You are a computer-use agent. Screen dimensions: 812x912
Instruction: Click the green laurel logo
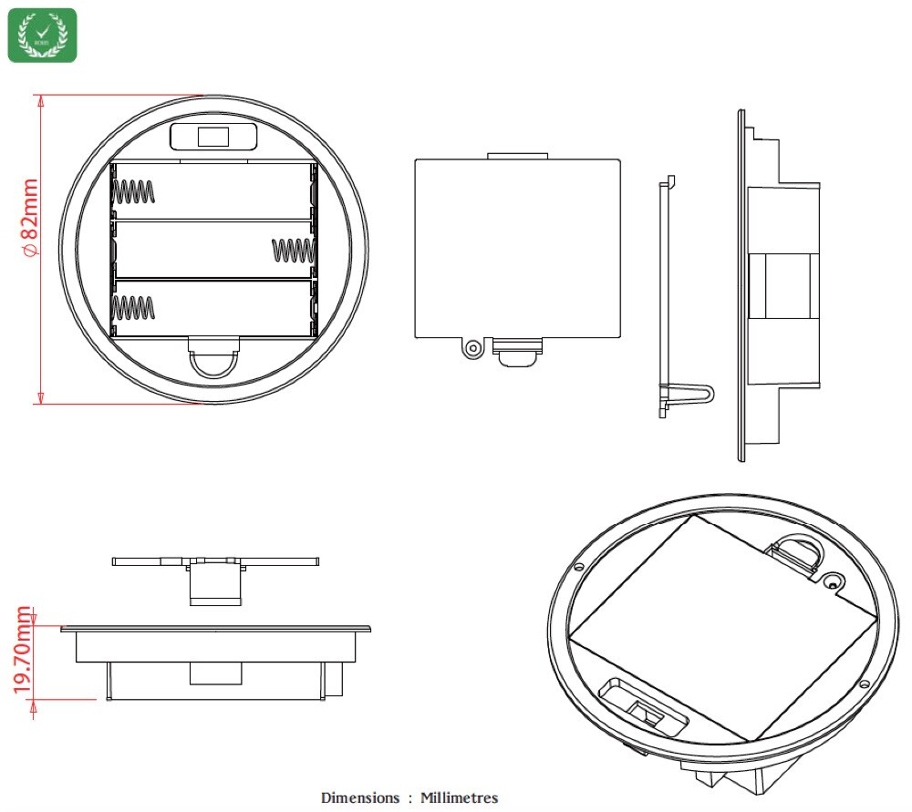tap(42, 36)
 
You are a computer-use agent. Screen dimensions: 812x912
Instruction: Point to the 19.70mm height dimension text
tap(23, 653)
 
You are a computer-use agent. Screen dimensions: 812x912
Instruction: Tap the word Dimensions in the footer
tap(360, 797)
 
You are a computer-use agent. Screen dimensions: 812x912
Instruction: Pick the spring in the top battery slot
tap(133, 192)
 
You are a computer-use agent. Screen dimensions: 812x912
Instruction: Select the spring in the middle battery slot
tap(293, 249)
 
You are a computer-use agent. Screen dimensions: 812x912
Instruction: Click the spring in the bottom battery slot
tap(133, 307)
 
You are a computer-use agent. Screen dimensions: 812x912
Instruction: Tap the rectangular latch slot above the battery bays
tap(213, 137)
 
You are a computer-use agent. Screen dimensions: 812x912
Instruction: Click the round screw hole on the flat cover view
tap(472, 348)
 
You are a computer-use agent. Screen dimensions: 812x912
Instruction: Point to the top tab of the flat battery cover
tap(517, 156)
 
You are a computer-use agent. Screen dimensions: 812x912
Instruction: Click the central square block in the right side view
tap(781, 285)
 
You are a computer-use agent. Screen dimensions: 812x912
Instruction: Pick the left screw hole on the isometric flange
tap(579, 567)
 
